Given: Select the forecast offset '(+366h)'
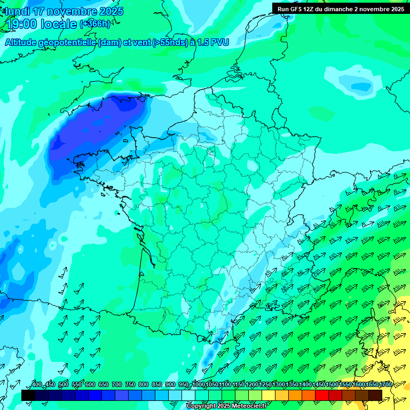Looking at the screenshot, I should tap(94, 24).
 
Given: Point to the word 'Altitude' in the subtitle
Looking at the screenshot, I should tap(21, 43).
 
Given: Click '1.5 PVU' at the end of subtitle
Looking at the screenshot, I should tap(213, 43).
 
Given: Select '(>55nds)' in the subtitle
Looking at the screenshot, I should tap(168, 43).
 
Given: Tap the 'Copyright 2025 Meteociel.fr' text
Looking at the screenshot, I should tap(226, 406).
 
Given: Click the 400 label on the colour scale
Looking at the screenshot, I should tap(36, 385).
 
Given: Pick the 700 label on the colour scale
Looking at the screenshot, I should tap(116, 385).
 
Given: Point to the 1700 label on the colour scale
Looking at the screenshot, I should tap(385, 385).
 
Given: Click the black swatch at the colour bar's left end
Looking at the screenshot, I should tap(28, 395).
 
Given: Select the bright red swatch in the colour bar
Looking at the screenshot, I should tap(322, 395).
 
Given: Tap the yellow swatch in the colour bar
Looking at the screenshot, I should tap(269, 395).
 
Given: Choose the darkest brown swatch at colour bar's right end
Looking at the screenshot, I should tap(375, 395).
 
